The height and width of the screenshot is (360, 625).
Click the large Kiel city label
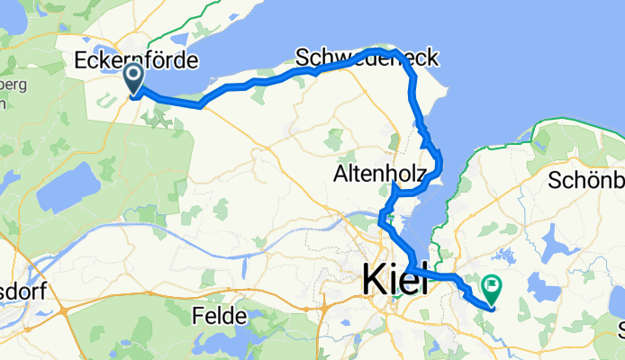(x=394, y=279)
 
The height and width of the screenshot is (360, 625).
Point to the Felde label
(x=220, y=316)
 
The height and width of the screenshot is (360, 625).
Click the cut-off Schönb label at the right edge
(x=585, y=179)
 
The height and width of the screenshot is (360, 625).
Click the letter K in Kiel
(x=372, y=279)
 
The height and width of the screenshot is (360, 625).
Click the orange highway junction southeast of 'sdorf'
(x=68, y=310)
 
